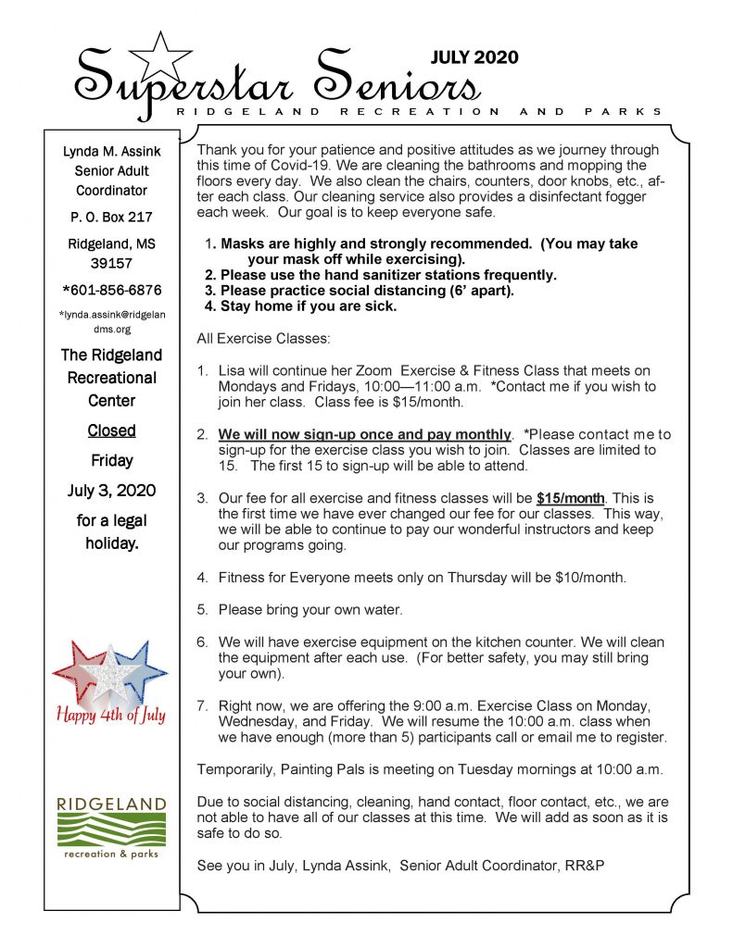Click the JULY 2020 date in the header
pos(474,57)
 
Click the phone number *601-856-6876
pos(111,290)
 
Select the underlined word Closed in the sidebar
pos(111,430)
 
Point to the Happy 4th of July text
pos(111,715)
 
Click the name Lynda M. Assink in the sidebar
pos(111,151)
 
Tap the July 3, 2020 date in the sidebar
pos(111,490)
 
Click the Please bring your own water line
pos(310,609)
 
